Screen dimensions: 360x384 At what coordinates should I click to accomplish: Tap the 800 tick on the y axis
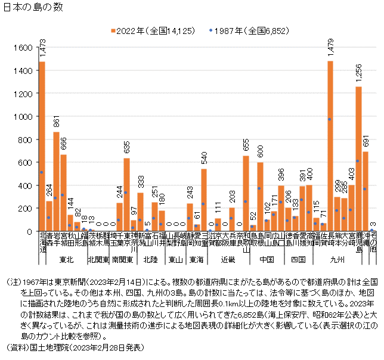[x=24, y=139]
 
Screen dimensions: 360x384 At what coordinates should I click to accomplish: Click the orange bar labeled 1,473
[x=42, y=146]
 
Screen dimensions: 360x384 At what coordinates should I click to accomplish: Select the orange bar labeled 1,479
[x=330, y=145]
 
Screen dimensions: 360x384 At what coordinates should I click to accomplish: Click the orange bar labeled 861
[x=56, y=181]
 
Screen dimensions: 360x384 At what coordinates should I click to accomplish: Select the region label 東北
[x=67, y=260]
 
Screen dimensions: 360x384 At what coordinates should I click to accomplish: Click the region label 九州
[x=337, y=260]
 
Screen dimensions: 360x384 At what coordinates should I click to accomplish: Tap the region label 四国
[x=299, y=260]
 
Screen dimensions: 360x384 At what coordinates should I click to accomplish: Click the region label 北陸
[x=150, y=260]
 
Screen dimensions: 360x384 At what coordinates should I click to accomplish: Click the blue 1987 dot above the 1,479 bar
[x=330, y=119]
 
